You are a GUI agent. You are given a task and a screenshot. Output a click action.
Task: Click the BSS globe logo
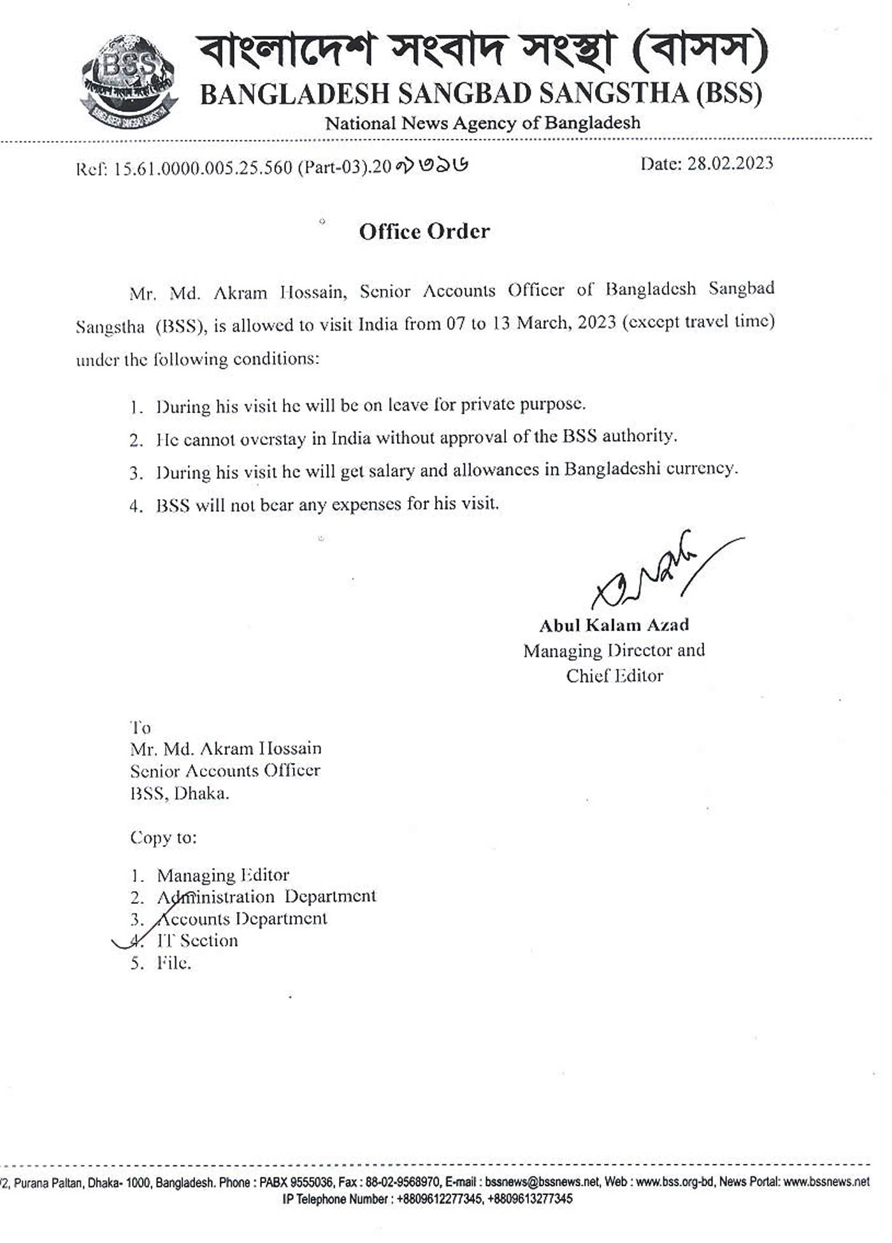coord(128,80)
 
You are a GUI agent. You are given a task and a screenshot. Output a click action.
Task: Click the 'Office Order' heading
coord(424,231)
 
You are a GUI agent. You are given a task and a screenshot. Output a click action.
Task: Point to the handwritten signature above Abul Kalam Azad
coord(656,571)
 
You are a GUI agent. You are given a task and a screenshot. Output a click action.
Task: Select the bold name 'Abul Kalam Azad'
coord(614,625)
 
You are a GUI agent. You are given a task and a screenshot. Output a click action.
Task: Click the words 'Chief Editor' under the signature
coord(614,676)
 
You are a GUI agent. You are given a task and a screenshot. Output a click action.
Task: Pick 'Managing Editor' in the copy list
coord(223,875)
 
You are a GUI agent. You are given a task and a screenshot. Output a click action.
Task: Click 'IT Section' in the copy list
coord(198,940)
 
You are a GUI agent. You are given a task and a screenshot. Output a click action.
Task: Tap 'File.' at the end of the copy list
coord(174,963)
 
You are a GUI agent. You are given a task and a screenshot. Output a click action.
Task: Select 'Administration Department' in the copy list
coord(266,896)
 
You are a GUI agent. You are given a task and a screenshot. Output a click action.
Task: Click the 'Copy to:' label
coord(163,837)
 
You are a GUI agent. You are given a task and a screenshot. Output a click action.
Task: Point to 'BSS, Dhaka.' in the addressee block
coord(179,794)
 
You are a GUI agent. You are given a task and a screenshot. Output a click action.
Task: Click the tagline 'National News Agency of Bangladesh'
coord(482,122)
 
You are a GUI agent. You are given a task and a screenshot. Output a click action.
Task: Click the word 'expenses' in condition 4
coord(366,504)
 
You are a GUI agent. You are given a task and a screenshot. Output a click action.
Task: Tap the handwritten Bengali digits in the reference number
coord(432,166)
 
